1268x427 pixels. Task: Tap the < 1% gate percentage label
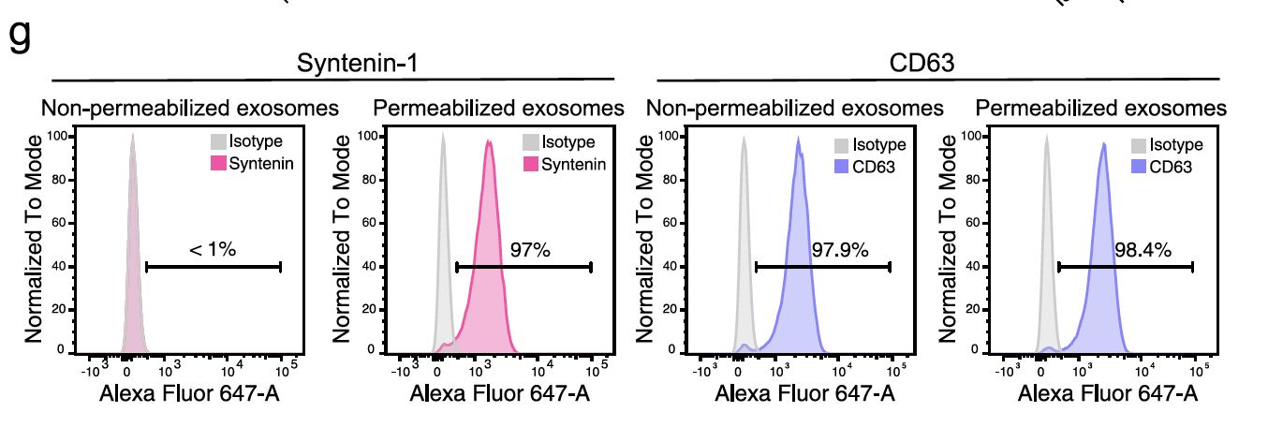213,250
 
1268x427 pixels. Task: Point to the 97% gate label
530,250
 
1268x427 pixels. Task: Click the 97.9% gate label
840,250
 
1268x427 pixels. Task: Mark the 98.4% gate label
1143,250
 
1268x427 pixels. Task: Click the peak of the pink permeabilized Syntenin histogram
488,142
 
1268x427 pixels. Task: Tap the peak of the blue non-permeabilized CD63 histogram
798,139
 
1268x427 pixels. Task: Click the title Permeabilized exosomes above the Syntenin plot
498,109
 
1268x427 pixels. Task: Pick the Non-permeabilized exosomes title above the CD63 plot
794,109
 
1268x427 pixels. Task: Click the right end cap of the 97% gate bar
591,267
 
